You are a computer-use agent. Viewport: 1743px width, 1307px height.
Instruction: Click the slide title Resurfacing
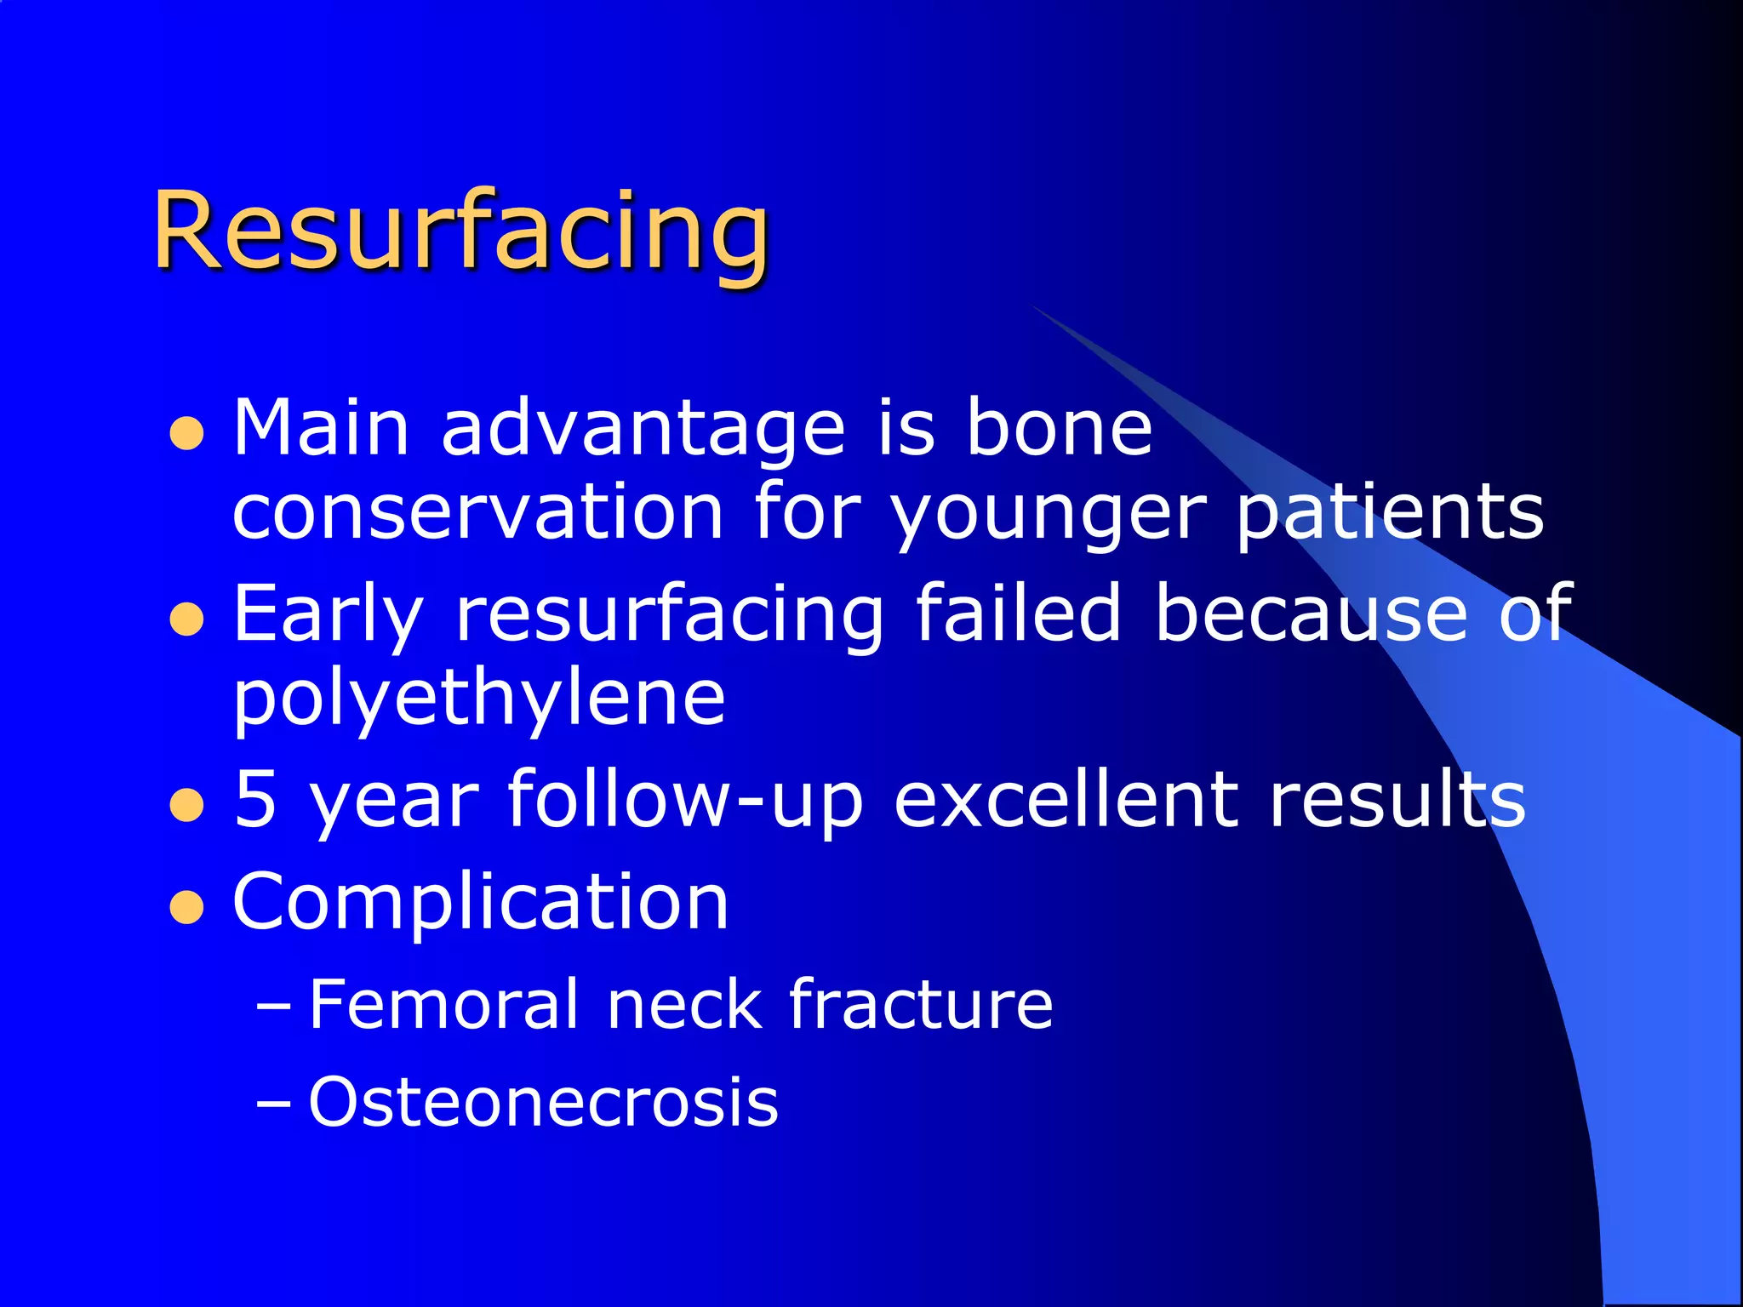pyautogui.click(x=461, y=231)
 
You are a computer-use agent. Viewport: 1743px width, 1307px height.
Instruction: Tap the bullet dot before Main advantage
pyautogui.click(x=186, y=433)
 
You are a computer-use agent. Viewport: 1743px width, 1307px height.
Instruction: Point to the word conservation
pyautogui.click(x=477, y=512)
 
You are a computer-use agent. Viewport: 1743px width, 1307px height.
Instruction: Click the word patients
pyautogui.click(x=1389, y=512)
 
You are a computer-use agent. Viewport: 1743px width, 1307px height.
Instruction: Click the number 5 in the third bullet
pyautogui.click(x=255, y=798)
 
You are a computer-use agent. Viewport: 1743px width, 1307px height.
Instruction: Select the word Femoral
pyautogui.click(x=443, y=1005)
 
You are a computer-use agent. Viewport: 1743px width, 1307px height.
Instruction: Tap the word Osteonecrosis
pyautogui.click(x=543, y=1103)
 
